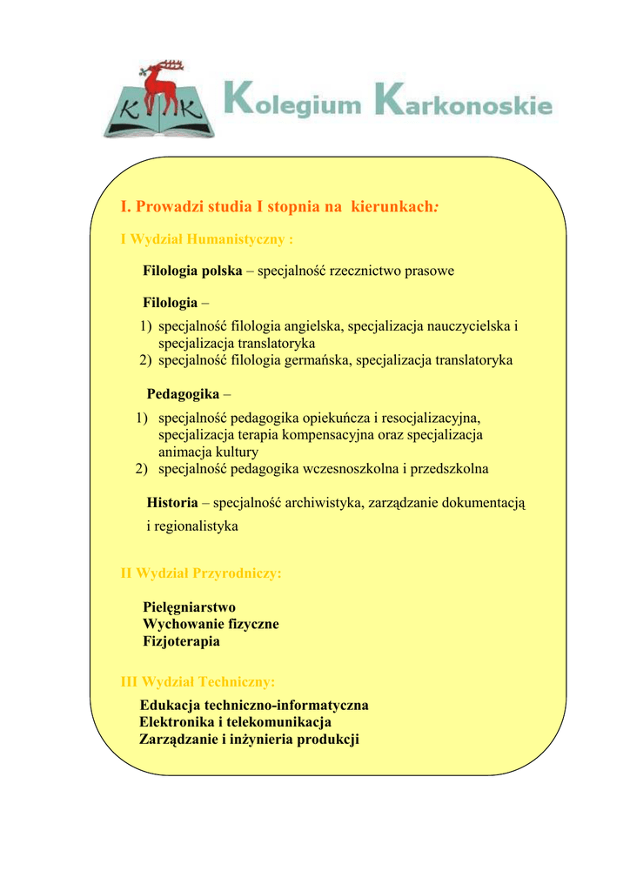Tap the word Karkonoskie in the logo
pyautogui.click(x=461, y=103)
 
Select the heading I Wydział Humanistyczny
pyautogui.click(x=205, y=238)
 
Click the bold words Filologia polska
pyautogui.click(x=192, y=271)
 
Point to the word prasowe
pyautogui.click(x=426, y=271)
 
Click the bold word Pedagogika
pyautogui.click(x=183, y=394)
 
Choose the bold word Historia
pyautogui.click(x=172, y=503)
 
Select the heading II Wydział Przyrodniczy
pyautogui.click(x=200, y=573)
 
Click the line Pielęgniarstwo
pyautogui.click(x=189, y=606)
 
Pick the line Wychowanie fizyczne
pyautogui.click(x=211, y=624)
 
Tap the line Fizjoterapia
pyautogui.click(x=181, y=641)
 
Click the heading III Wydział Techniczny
pyautogui.click(x=197, y=681)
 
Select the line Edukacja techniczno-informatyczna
pyautogui.click(x=253, y=704)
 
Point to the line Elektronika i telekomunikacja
pyautogui.click(x=235, y=721)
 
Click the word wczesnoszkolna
pyautogui.click(x=350, y=469)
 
